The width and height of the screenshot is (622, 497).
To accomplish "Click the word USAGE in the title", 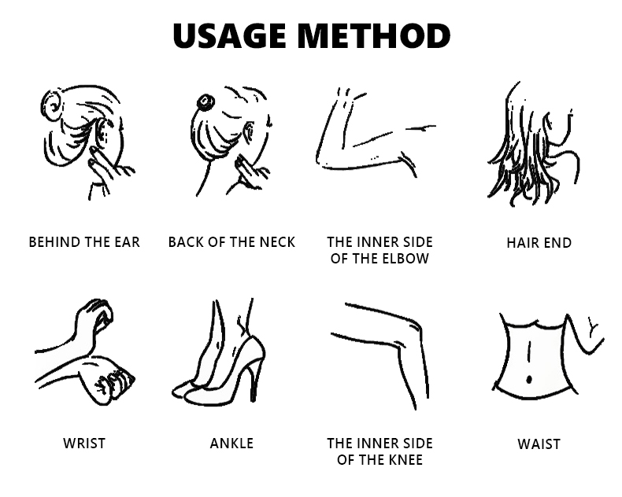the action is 230,35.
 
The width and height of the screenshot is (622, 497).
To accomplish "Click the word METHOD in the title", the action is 374,35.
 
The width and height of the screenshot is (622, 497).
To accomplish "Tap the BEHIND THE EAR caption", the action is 84,242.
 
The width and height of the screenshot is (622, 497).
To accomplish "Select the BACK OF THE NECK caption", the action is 231,242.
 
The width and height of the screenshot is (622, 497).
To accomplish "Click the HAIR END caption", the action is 539,242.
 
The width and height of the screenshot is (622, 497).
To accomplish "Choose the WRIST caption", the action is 84,444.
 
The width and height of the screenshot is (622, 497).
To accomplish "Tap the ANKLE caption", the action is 231,444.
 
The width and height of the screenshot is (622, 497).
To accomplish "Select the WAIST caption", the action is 539,444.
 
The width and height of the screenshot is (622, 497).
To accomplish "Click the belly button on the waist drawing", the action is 529,380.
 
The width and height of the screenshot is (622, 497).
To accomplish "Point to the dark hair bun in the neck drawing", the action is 205,102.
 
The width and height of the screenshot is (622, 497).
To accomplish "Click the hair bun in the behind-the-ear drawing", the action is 51,105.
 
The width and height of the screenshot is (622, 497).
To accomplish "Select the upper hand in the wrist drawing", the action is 94,317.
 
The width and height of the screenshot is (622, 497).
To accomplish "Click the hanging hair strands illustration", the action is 531,145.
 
